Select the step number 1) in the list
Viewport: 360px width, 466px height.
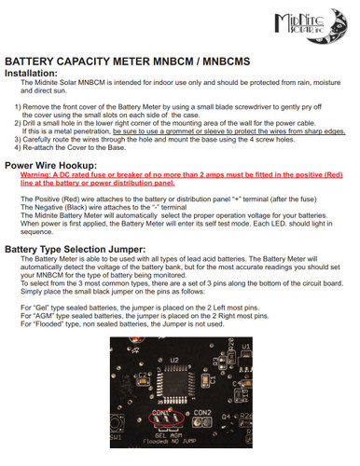pyautogui.click(x=17, y=107)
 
